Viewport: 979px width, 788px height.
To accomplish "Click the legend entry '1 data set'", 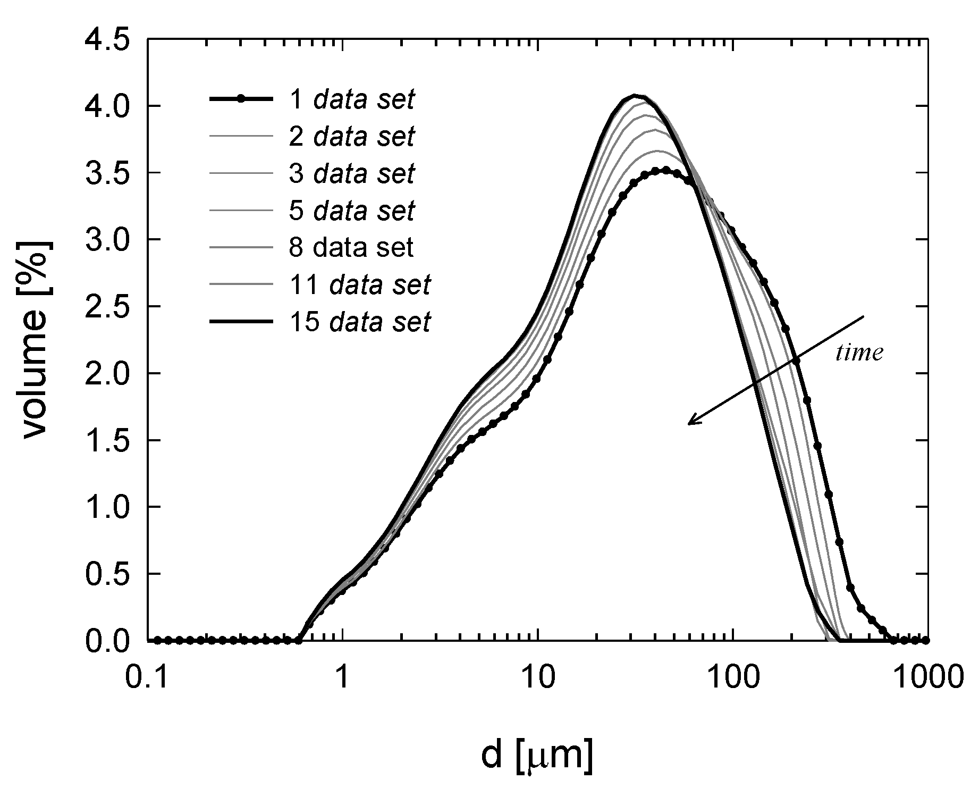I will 351,99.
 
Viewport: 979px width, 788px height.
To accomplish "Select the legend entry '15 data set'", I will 359,322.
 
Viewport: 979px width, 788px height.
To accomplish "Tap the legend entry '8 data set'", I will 351,248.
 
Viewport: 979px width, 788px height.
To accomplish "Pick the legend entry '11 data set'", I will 359,285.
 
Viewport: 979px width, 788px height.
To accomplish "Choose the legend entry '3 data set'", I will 351,174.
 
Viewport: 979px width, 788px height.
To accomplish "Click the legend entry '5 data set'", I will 351,211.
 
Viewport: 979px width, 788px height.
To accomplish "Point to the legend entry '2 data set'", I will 351,137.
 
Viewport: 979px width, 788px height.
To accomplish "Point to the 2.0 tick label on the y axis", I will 109,373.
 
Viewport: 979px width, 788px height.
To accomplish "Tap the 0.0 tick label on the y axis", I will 109,641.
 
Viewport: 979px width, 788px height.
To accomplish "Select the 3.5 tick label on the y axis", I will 109,173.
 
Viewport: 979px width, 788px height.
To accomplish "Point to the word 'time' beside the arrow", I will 859,353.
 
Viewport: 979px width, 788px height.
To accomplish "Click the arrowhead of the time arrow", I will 691,423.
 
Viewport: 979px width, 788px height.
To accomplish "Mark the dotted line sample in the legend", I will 241,99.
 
